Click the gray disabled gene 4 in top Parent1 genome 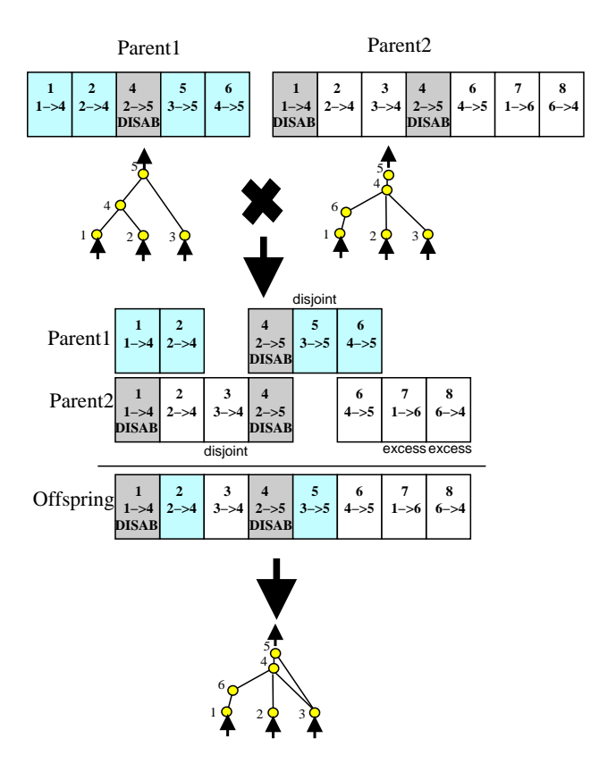tap(139, 105)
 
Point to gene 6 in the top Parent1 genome tap(227, 105)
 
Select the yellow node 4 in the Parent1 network tap(120, 205)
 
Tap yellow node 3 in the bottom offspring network tap(315, 713)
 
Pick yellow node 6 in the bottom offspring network tap(232, 690)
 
